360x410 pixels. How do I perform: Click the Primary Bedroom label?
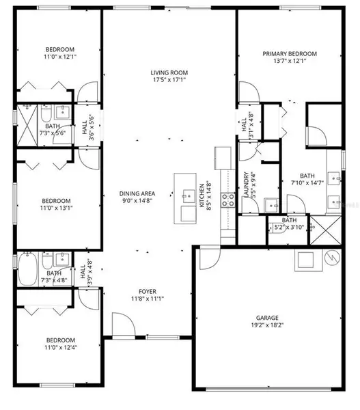(290, 53)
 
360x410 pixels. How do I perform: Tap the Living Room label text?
(169, 72)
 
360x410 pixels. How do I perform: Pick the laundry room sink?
(270, 204)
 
